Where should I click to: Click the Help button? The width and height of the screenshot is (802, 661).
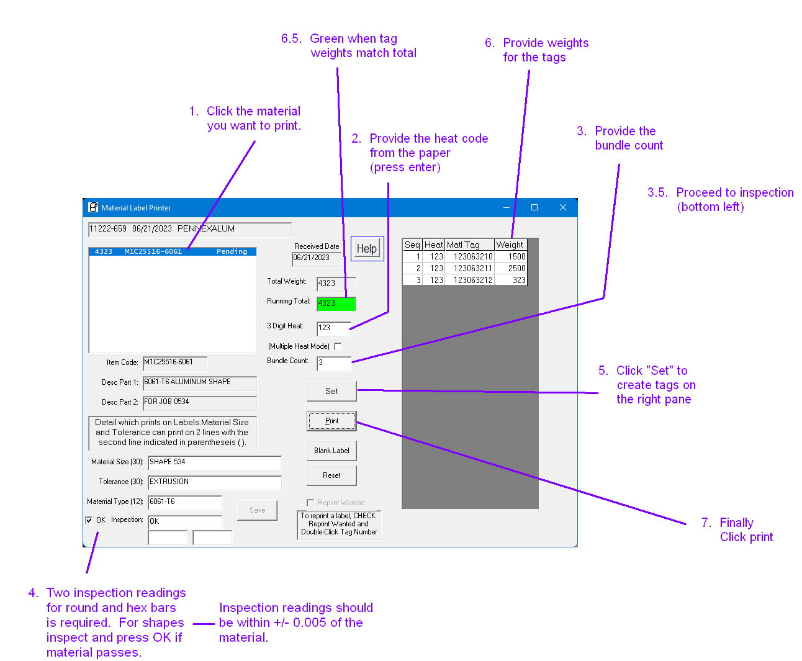pos(367,249)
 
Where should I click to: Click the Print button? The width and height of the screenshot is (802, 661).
pos(331,421)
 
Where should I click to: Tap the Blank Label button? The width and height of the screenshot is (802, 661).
pos(331,451)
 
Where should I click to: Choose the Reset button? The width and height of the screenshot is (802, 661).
pos(331,475)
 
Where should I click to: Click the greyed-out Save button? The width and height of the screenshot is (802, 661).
pos(257,510)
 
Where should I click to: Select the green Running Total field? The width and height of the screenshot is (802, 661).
pos(336,304)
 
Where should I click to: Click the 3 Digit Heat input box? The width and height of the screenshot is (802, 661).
pos(333,328)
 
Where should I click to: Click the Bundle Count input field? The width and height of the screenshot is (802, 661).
pos(333,362)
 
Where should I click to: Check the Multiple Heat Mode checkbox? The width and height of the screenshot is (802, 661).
pos(338,346)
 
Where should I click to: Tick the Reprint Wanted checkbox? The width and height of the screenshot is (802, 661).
pos(310,503)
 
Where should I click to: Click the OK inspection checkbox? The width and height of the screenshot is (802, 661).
pos(89,520)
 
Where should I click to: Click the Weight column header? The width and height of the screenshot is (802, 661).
pos(510,245)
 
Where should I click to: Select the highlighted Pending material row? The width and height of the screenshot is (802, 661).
pos(172,251)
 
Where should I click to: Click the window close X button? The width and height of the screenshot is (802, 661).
pos(562,207)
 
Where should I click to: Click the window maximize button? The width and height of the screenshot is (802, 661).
pos(534,207)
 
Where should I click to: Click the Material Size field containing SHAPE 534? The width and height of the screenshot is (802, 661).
pos(214,462)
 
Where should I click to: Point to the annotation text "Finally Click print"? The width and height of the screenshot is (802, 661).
pos(746,530)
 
